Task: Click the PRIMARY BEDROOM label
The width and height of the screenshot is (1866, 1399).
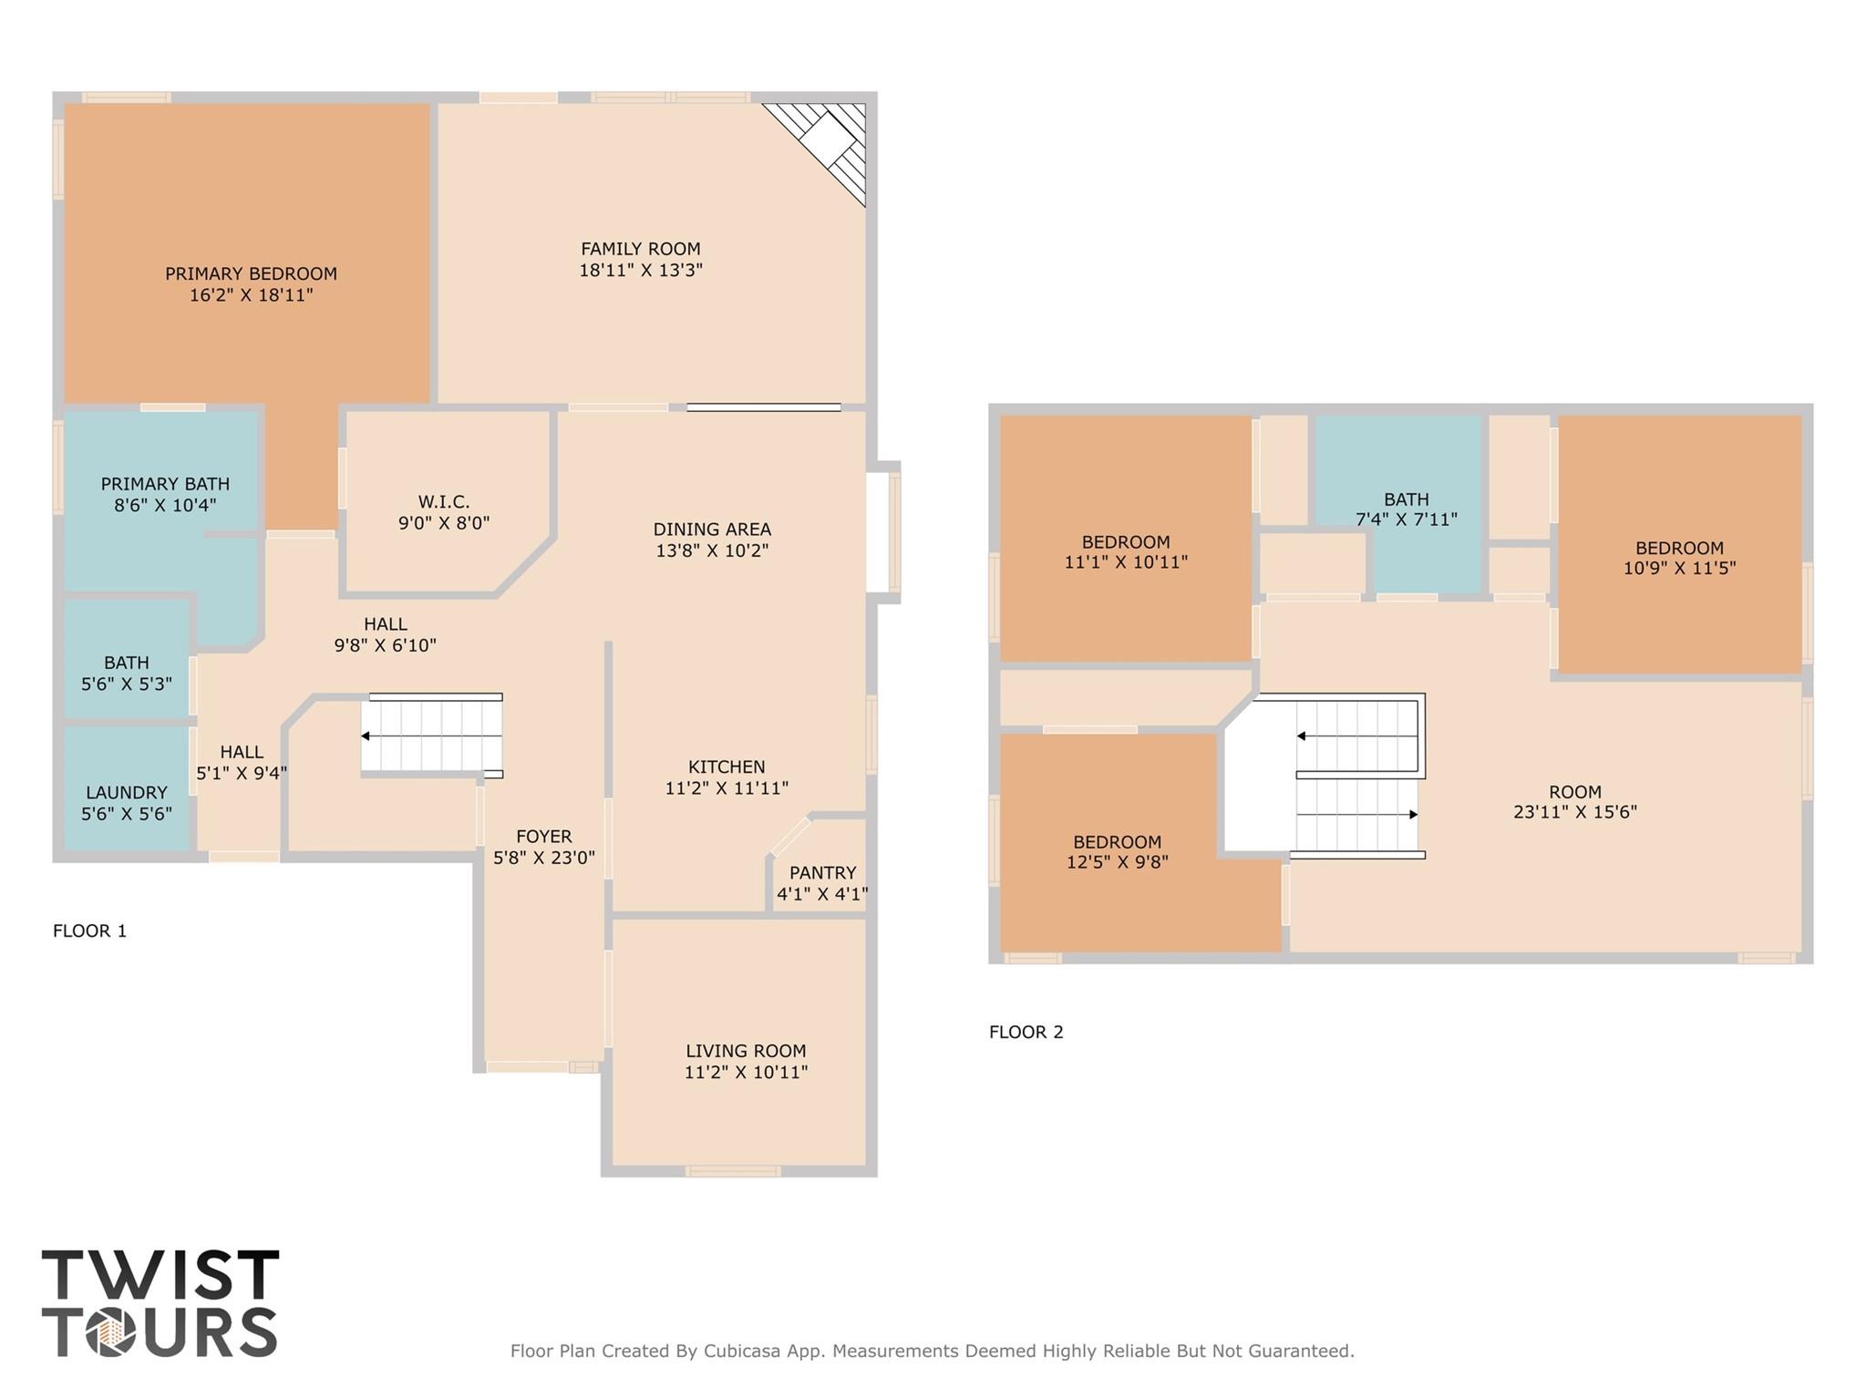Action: (x=251, y=273)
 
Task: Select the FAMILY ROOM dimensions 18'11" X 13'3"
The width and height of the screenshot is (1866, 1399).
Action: (x=641, y=271)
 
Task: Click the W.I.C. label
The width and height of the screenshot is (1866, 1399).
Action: (x=444, y=501)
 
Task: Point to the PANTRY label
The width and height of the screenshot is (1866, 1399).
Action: (x=822, y=872)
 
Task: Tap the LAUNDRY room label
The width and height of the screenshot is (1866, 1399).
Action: (x=127, y=792)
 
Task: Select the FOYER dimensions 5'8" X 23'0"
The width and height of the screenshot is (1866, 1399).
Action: (x=544, y=858)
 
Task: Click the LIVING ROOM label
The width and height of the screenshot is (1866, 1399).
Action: (x=746, y=1051)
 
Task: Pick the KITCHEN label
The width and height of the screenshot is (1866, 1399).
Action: (x=727, y=766)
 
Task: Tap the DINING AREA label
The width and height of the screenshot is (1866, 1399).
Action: (x=712, y=529)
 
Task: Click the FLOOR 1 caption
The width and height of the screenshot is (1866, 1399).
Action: (x=89, y=931)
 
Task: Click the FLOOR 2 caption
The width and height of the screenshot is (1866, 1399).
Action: (x=1026, y=1032)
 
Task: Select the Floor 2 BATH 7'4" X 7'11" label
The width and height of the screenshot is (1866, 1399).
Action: (x=1406, y=509)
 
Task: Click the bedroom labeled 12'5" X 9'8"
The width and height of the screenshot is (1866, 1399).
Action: (x=1117, y=851)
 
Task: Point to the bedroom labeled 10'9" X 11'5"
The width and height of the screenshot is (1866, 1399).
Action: (x=1679, y=558)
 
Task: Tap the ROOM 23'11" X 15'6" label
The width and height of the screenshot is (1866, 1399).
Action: (x=1574, y=801)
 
